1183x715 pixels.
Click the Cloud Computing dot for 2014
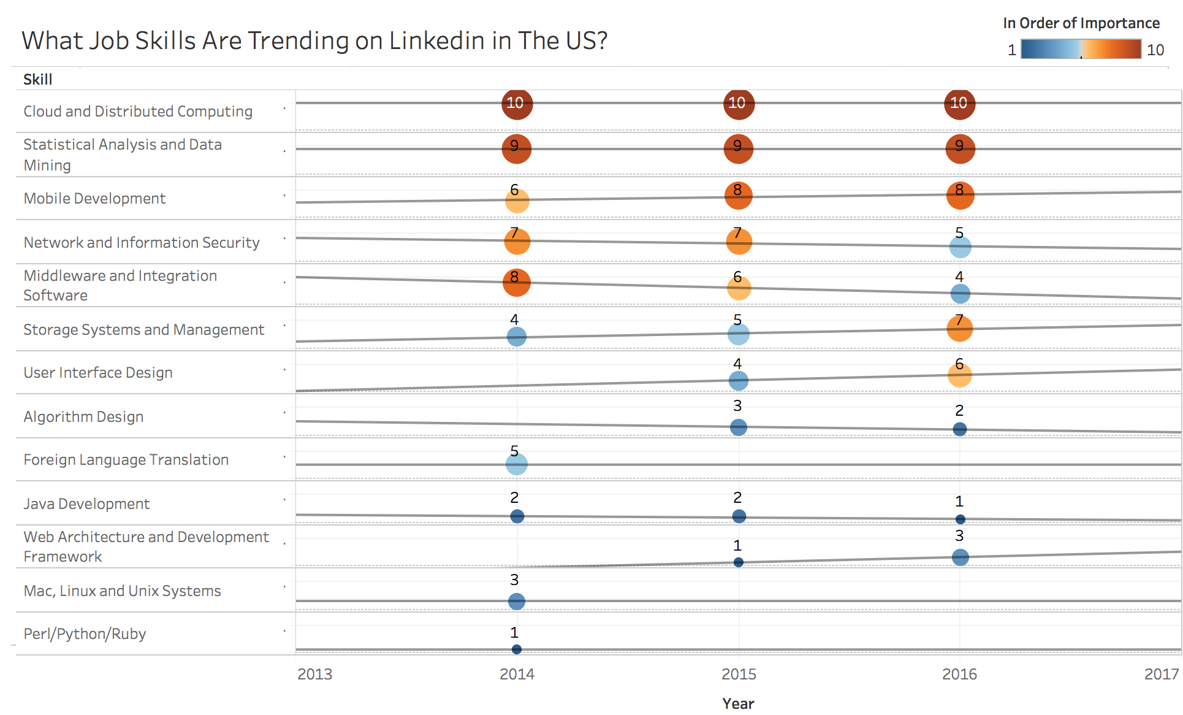pos(517,104)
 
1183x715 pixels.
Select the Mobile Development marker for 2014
pos(517,201)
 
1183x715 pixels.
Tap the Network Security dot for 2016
pos(960,248)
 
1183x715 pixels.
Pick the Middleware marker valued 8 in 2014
pos(517,282)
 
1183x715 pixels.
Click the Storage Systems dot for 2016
pos(960,328)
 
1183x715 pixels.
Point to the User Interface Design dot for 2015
pos(739,381)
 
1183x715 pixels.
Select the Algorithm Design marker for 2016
pos(960,429)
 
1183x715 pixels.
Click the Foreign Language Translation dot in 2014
pos(517,464)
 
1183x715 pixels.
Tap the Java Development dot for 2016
pos(960,519)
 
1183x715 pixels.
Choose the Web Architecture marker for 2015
pos(739,562)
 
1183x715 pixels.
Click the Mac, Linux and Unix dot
pos(517,602)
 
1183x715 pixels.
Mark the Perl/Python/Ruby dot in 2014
pos(517,649)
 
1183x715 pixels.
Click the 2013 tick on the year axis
pos(314,674)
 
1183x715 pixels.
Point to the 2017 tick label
pos(1161,674)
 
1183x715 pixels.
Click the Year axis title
pos(738,703)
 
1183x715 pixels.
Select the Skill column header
pos(38,80)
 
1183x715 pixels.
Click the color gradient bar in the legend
pos(1081,49)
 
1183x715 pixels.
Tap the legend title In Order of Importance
pos(1081,23)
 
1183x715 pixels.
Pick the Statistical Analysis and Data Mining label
pos(123,155)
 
